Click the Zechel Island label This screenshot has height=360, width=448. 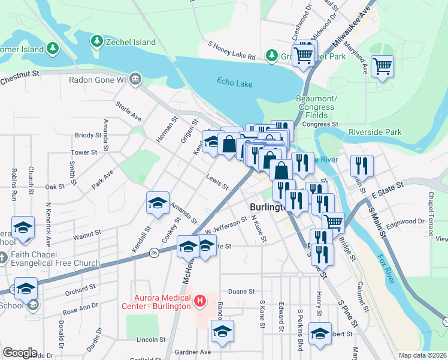coord(131,42)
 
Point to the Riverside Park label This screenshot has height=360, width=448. coord(375,132)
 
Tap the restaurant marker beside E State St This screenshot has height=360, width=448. coord(361,165)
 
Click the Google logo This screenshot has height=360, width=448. coord(20,353)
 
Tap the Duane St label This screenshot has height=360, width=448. coord(241,292)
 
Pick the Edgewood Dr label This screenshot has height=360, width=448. coord(405,221)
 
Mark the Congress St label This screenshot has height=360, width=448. coord(316,124)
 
